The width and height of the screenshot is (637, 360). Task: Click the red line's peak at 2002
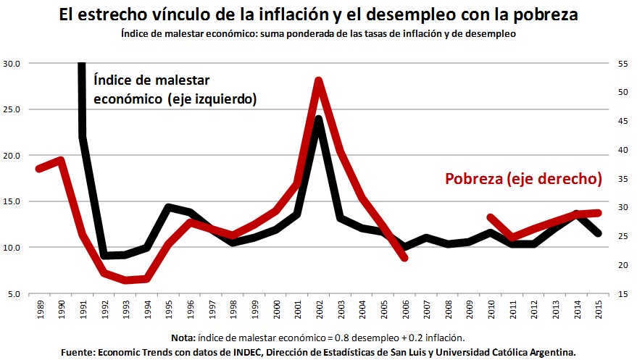click(318, 80)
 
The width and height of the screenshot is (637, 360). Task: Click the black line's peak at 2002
click(318, 119)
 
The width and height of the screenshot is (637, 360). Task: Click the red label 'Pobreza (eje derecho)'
click(523, 178)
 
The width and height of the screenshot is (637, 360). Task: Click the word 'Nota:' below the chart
click(184, 338)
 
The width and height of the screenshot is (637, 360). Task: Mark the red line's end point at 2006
click(404, 257)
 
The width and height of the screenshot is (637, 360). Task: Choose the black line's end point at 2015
click(598, 233)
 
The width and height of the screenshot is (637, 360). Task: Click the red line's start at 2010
click(491, 217)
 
